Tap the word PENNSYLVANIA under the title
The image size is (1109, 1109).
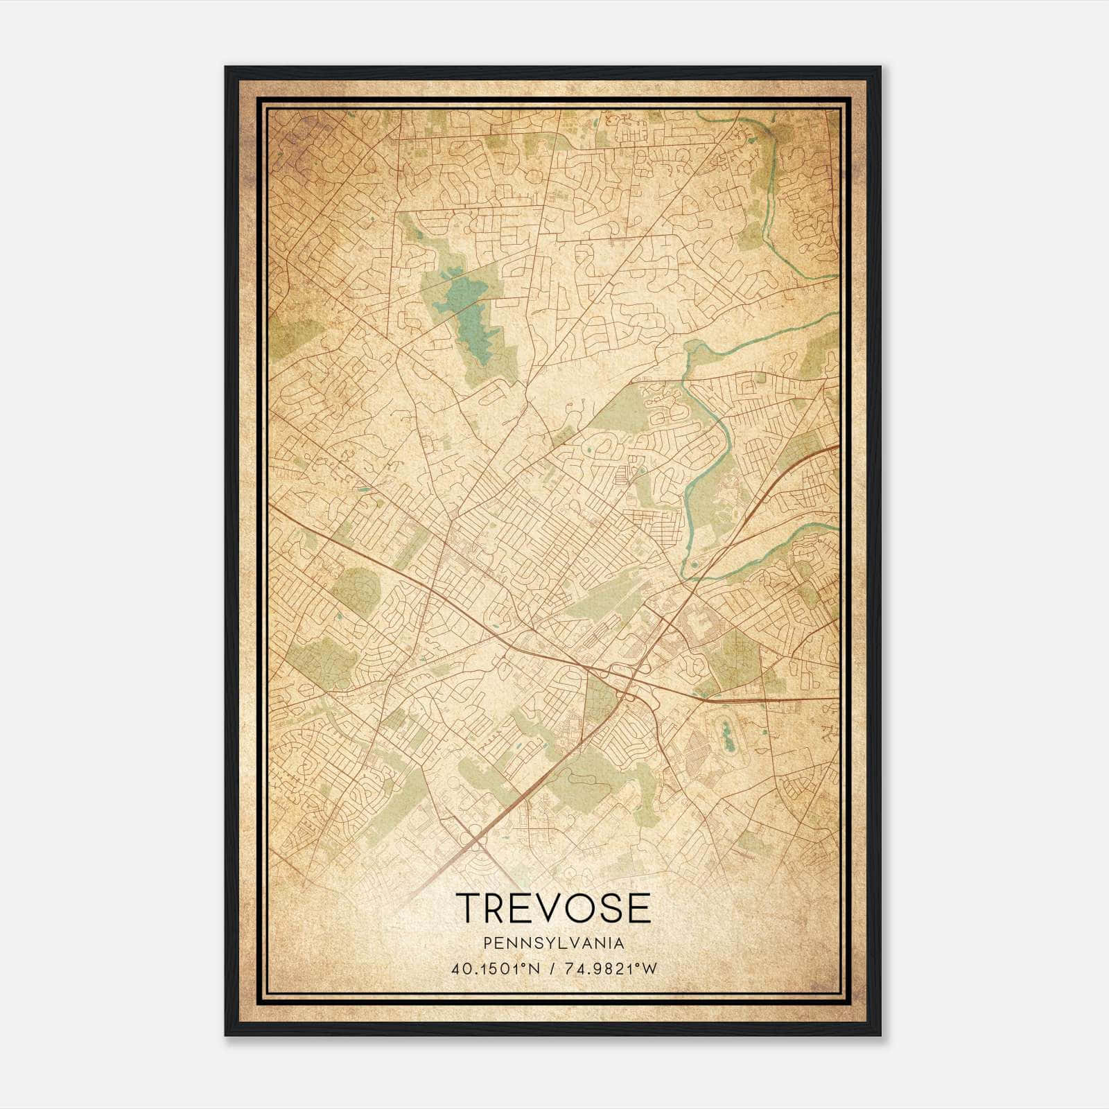point(554,943)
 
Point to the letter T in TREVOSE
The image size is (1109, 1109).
point(468,907)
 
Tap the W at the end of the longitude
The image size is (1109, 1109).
point(649,969)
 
